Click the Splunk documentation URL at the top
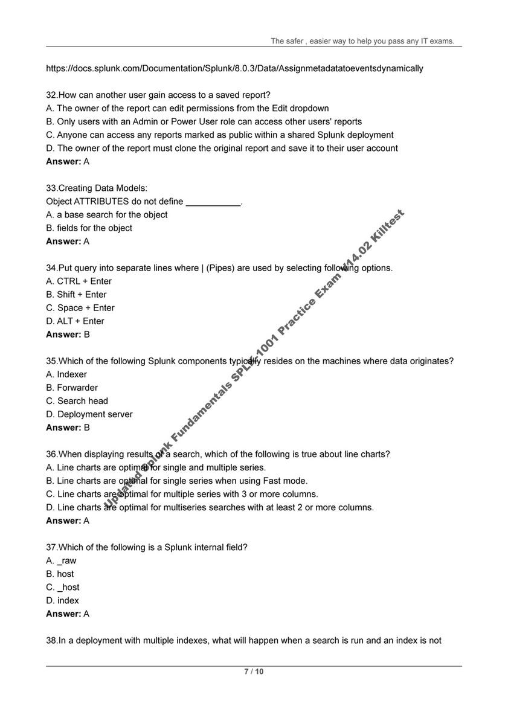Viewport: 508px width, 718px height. coord(234,68)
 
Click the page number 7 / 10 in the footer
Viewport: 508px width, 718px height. coord(254,672)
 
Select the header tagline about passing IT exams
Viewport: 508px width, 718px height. coord(362,41)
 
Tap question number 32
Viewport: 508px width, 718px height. coord(52,95)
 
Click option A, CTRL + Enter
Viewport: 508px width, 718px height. coord(79,281)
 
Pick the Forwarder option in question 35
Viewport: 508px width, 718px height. coord(72,387)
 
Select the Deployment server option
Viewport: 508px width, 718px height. coord(89,414)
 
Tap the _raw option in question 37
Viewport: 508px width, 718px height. coord(62,560)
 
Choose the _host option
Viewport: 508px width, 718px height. coord(63,587)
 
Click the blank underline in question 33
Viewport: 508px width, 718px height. coord(213,202)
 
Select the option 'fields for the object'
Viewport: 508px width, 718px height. coord(89,228)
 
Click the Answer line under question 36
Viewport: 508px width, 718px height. coord(68,521)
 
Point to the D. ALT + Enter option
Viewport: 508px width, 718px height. coord(75,321)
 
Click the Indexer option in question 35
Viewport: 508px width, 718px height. coord(66,374)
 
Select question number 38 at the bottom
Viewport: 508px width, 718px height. coord(52,640)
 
